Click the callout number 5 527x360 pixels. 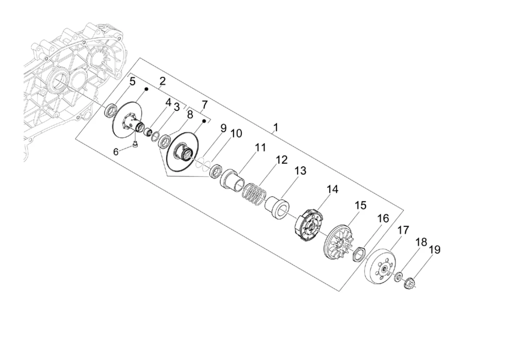[132, 82]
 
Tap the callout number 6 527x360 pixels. [116, 152]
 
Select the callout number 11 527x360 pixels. [261, 147]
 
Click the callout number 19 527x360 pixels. [435, 250]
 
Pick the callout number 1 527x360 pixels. [276, 127]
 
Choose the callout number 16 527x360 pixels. [383, 219]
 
